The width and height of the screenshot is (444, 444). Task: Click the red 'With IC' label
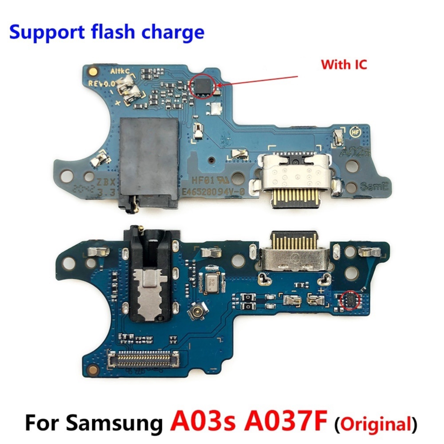coord(344,65)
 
